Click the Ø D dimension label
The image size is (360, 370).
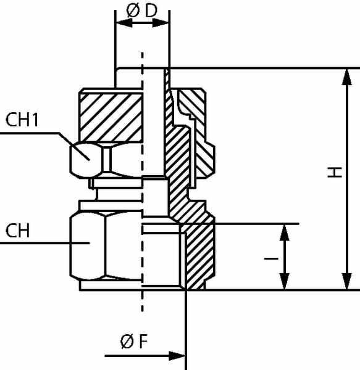pos(142,10)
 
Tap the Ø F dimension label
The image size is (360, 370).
pos(134,341)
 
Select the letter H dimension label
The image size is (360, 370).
pos(335,172)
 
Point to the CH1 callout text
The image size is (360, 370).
pos(22,120)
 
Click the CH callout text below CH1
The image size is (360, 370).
pos(17,231)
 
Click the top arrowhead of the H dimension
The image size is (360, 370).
pos(346,77)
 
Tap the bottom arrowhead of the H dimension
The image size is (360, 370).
pos(346,281)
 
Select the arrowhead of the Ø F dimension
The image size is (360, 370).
pos(177,356)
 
